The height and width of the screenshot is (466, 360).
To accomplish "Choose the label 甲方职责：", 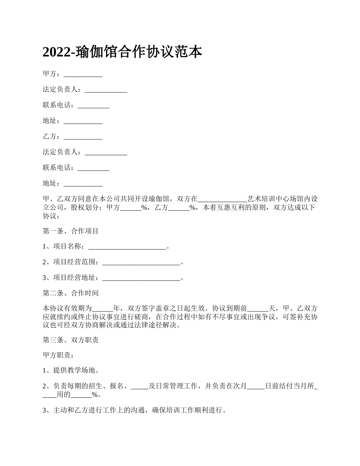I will point(56,355).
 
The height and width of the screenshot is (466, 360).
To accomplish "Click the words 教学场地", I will point(81,371).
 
